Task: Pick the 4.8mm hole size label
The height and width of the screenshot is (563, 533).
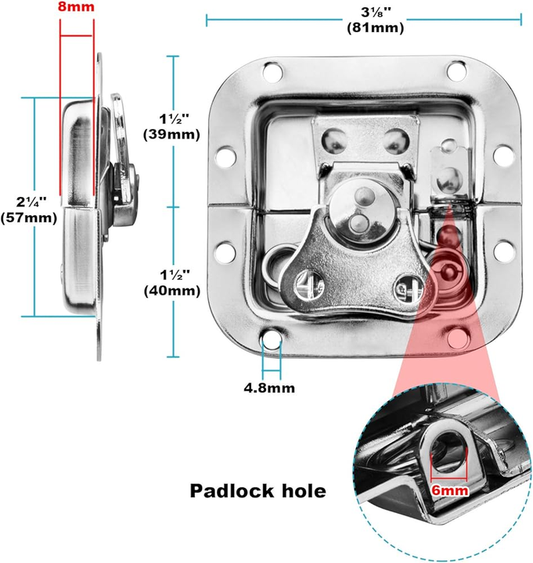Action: click(269, 386)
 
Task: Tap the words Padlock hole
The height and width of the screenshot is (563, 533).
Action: click(257, 492)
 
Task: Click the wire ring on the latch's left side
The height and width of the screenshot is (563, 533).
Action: click(278, 268)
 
